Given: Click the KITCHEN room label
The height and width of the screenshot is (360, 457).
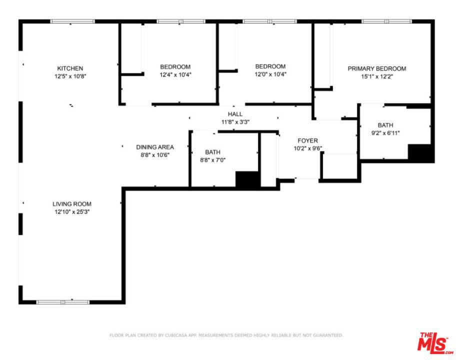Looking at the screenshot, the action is [70, 68].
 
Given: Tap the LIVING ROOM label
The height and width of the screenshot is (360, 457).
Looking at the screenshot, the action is [72, 204].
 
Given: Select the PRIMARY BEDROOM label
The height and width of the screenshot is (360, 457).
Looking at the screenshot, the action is [377, 69].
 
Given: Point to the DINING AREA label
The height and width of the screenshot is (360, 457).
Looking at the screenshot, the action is [155, 147].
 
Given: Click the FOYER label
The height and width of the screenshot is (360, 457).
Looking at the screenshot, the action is [308, 141].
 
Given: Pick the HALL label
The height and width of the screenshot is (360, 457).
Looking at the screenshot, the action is [235, 114].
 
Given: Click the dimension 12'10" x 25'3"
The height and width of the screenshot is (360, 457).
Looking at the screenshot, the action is [72, 212].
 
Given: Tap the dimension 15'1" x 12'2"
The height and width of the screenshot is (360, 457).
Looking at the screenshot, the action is [377, 76].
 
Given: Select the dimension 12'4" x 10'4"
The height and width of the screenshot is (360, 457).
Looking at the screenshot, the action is [175, 74].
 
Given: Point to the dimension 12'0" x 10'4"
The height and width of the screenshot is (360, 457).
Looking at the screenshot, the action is [270, 74].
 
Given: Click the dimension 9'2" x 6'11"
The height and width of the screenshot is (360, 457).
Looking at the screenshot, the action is [385, 133].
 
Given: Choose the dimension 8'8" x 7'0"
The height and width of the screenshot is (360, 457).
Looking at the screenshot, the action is [213, 160].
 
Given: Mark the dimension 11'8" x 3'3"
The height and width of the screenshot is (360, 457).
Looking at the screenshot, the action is [235, 122].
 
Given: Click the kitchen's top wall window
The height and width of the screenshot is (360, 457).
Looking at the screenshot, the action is [72, 21].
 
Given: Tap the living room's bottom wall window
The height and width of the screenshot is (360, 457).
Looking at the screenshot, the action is [63, 302].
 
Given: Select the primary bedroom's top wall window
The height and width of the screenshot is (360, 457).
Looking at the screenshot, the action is [386, 21].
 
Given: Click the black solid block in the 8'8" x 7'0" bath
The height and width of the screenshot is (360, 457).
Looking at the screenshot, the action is [247, 179].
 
